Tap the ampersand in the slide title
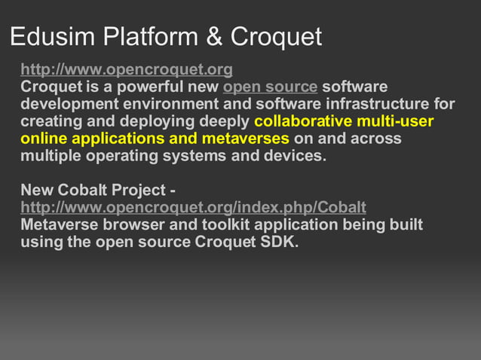click(214, 36)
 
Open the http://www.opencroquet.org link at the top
click(127, 70)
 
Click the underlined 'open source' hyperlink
click(270, 87)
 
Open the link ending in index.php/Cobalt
click(193, 207)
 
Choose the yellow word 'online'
click(42, 139)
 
